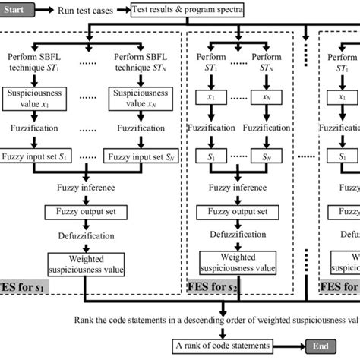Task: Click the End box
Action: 324,346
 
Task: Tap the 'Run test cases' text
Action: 90,11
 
